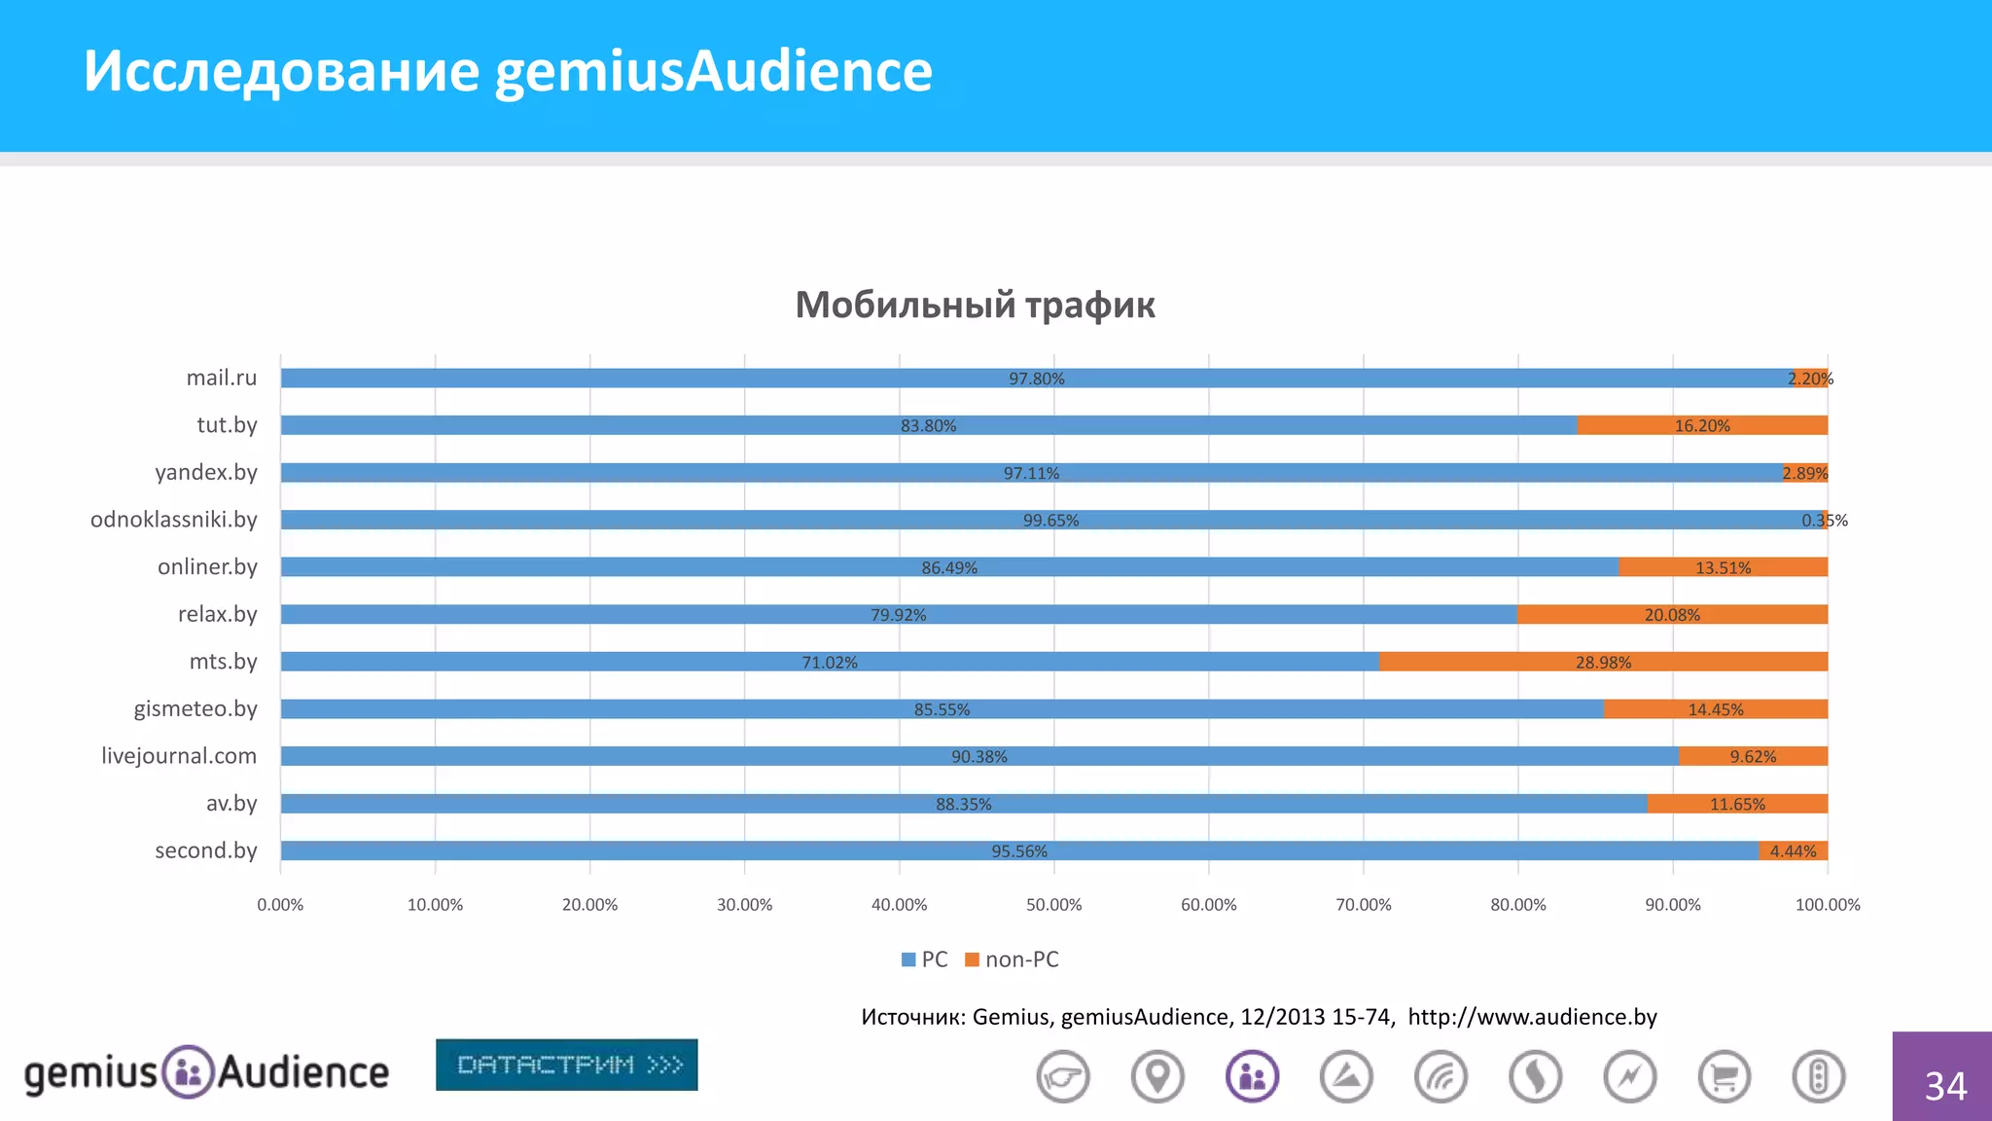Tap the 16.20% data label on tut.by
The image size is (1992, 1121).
click(1701, 426)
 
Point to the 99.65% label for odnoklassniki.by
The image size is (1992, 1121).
click(1050, 521)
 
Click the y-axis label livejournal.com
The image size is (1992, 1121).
click(179, 756)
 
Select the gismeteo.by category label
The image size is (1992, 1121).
click(196, 708)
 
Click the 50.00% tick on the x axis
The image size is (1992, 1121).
click(1053, 905)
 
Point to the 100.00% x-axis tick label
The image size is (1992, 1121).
click(1827, 905)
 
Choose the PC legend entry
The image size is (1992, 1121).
click(925, 959)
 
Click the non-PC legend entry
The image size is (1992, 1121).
click(1013, 959)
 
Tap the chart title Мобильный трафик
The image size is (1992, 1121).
click(975, 305)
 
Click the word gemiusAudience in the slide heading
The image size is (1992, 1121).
click(713, 71)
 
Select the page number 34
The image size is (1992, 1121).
click(1944, 1086)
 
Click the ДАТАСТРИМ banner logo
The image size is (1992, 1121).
click(566, 1065)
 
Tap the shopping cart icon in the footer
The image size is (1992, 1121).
click(1724, 1077)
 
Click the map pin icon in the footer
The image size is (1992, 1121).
click(1157, 1077)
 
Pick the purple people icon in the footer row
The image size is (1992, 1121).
click(1252, 1077)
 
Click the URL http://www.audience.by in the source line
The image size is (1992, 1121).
click(1532, 1017)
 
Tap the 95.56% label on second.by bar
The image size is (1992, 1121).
click(1018, 851)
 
